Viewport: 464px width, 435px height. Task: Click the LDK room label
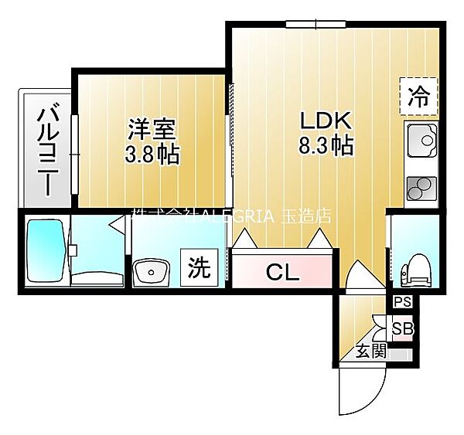(x=326, y=121)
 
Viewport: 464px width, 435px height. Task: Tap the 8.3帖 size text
(x=326, y=145)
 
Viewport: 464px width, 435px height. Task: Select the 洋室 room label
(x=152, y=129)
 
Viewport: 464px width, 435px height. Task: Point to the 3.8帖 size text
(x=152, y=155)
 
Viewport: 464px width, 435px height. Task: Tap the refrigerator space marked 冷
(x=418, y=97)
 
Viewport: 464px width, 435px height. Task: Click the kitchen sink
(x=422, y=141)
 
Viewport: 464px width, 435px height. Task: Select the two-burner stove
(x=422, y=188)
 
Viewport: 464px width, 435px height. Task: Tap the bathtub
(x=46, y=250)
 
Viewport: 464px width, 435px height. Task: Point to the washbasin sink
(x=151, y=273)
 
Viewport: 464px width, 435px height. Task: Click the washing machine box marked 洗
(x=200, y=267)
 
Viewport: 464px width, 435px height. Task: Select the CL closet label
(x=282, y=273)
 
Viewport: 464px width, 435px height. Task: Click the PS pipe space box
(x=403, y=302)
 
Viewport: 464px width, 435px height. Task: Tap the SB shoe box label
(x=402, y=328)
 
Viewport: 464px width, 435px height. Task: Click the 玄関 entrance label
(x=370, y=352)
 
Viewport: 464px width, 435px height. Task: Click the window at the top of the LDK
(x=316, y=24)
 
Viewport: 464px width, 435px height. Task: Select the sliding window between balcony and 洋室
(x=74, y=155)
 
